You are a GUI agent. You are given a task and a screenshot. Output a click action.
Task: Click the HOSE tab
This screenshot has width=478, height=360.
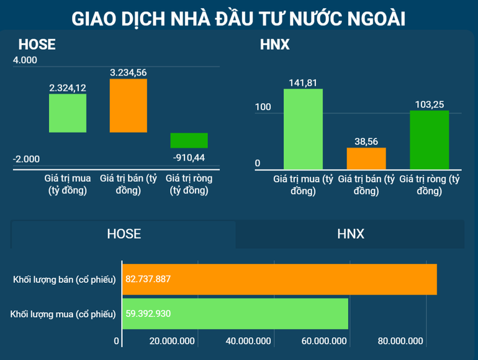pos(124,234)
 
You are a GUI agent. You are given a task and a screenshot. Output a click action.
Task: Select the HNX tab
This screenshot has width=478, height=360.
pos(350,234)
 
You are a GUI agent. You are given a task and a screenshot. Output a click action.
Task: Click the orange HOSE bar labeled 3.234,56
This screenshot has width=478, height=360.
pos(129,106)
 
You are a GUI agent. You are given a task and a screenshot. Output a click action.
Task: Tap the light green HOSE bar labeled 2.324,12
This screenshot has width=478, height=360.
pos(68,113)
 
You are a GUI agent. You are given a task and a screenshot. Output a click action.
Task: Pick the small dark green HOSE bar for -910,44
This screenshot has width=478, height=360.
pos(189,140)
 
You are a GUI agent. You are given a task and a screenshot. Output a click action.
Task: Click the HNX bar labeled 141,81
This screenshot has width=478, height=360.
pos(303,129)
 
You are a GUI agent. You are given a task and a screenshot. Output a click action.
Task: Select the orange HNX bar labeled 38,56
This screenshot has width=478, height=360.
pos(366,158)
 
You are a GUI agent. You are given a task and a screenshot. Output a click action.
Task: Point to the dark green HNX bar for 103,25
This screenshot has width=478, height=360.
pos(429,140)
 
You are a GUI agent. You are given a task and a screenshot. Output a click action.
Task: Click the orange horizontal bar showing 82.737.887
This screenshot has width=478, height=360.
pos(279,279)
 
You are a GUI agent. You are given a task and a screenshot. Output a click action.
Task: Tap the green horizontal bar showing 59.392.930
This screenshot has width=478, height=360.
pos(235,314)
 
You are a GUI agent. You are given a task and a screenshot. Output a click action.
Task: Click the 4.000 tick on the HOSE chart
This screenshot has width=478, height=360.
pos(25,60)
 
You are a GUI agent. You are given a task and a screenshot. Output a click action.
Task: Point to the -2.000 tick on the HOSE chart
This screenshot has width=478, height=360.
pos(26,159)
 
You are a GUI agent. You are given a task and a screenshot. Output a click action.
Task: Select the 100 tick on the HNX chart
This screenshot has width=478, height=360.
pos(263,107)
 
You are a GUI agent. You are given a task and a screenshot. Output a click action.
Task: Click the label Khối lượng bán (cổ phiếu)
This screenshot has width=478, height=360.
pos(65,280)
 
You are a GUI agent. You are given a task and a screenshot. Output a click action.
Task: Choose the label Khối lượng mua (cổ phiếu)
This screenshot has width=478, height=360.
pos(63,315)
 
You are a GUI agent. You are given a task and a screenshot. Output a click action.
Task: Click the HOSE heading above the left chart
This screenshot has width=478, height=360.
pos(37,45)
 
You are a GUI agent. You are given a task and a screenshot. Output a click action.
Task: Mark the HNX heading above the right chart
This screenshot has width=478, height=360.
pos(274,45)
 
